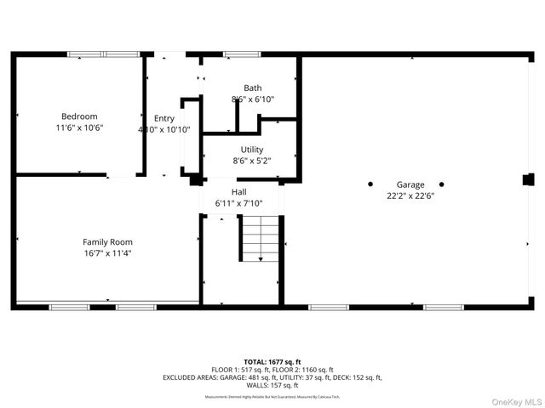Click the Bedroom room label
click(x=78, y=116)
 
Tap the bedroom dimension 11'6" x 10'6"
click(x=78, y=127)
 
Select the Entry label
click(x=163, y=119)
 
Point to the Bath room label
click(x=252, y=88)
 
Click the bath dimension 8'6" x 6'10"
click(x=252, y=99)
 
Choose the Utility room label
click(x=251, y=150)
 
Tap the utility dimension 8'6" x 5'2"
click(x=251, y=161)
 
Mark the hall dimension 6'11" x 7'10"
click(x=238, y=203)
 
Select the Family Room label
click(x=107, y=242)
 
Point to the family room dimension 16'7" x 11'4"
click(x=107, y=253)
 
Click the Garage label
click(x=410, y=184)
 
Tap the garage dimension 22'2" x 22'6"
click(x=410, y=195)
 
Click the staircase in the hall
click(x=259, y=238)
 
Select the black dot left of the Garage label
click(x=370, y=184)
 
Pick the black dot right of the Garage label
click(x=441, y=184)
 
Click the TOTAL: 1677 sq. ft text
click(x=272, y=362)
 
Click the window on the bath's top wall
click(x=241, y=55)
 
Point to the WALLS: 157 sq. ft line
click(x=272, y=385)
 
